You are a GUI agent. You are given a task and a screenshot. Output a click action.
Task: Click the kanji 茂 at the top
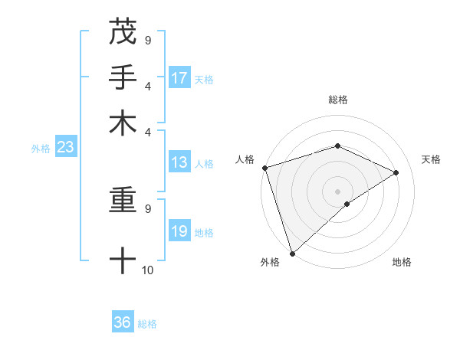point(123,31)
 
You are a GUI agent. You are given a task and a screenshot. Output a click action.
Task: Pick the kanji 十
point(123,261)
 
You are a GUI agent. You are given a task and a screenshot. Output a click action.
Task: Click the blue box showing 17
point(179,78)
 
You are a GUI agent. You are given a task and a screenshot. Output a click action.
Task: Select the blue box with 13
point(179,162)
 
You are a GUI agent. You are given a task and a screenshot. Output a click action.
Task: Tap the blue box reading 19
point(179,231)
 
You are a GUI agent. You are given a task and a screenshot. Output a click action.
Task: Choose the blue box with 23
point(64,148)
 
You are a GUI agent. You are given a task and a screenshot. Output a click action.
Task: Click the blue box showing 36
point(123,322)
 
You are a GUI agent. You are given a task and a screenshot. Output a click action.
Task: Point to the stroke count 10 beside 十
point(148,270)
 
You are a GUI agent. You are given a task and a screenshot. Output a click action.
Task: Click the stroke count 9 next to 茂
point(148,40)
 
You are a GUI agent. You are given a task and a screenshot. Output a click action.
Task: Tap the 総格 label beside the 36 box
point(147,324)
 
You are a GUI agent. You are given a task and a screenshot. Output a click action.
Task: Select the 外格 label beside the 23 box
point(40,149)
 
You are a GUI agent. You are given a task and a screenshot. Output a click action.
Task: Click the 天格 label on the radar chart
point(431,159)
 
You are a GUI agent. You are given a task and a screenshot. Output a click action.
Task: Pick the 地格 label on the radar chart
point(402,262)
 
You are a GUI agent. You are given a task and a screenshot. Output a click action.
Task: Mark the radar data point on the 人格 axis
point(264,168)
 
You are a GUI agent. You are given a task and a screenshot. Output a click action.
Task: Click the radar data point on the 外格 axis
point(292,253)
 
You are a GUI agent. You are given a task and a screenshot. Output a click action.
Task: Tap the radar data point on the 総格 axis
point(337,146)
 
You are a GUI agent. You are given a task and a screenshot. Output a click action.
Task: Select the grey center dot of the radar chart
point(337,191)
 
